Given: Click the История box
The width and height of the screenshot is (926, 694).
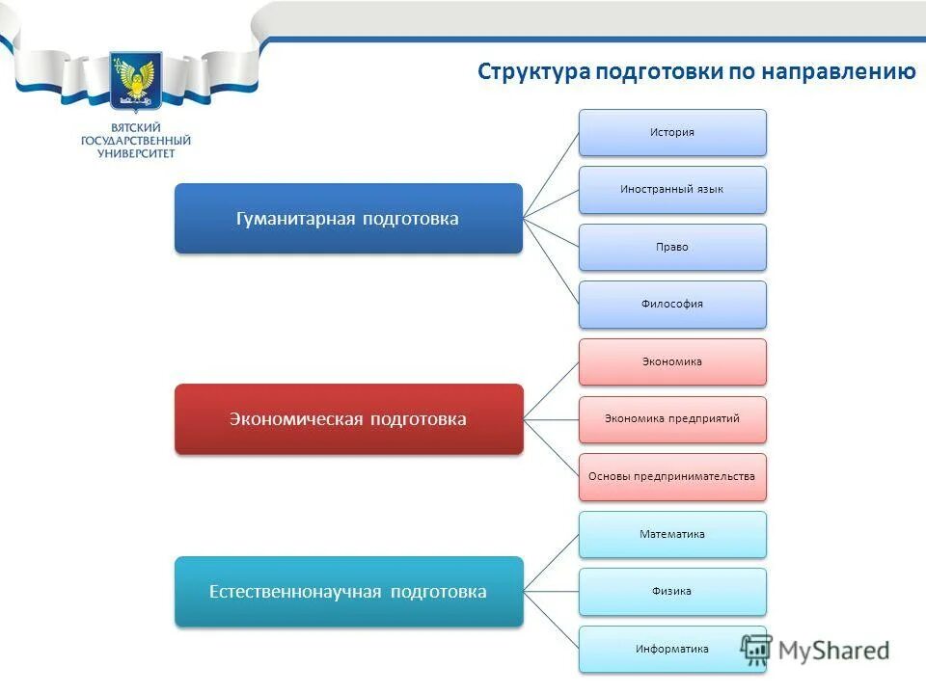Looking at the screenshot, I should pyautogui.click(x=672, y=132).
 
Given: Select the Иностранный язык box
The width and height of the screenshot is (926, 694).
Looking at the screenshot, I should pyautogui.click(x=672, y=190).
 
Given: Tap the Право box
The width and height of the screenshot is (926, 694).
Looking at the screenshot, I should pyautogui.click(x=672, y=247).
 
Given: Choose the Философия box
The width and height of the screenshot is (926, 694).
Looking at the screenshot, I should pyautogui.click(x=672, y=304).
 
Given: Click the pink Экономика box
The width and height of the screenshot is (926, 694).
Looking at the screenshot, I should pyautogui.click(x=672, y=361).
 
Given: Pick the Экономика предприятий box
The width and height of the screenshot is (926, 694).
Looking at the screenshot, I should pyautogui.click(x=672, y=418).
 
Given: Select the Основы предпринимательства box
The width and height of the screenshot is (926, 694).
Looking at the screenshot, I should pyautogui.click(x=672, y=476).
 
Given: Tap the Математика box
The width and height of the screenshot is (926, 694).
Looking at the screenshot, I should pyautogui.click(x=672, y=534).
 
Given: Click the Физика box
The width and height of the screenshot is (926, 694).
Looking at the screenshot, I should pyautogui.click(x=672, y=591).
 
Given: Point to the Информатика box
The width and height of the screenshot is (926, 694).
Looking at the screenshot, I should pyautogui.click(x=672, y=649).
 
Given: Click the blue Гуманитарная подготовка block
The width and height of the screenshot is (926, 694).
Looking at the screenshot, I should pyautogui.click(x=347, y=219).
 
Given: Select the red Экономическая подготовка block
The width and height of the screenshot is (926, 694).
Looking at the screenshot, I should pyautogui.click(x=347, y=419).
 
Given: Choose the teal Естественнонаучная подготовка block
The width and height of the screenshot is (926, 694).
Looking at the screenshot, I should pyautogui.click(x=347, y=592).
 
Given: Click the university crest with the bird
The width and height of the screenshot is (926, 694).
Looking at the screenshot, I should pyautogui.click(x=136, y=81).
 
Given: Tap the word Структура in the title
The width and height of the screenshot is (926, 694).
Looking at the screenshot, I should pyautogui.click(x=533, y=73).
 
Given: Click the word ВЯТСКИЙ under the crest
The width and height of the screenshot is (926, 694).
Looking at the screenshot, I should pyautogui.click(x=136, y=127).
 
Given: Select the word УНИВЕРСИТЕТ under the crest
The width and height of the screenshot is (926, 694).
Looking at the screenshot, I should pyautogui.click(x=136, y=153).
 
